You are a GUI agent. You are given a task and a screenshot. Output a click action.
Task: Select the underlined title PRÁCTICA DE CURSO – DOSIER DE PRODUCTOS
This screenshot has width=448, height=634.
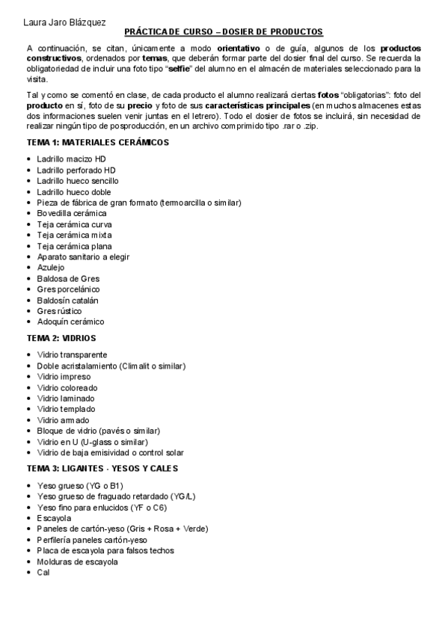tap(224, 31)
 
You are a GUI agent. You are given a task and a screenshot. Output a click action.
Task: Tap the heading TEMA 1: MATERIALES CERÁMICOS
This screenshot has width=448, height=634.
tap(97, 143)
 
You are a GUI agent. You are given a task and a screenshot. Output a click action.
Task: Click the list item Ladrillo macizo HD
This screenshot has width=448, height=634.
tap(72, 159)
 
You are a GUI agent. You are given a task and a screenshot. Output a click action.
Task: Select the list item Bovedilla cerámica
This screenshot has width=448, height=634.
tap(72, 213)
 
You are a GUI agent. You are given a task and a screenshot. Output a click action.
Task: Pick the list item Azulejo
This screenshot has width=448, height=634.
tap(51, 267)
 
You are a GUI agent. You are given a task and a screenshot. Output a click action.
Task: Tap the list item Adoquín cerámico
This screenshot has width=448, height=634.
tap(70, 321)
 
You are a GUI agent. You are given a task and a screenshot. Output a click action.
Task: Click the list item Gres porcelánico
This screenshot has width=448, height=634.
tap(68, 289)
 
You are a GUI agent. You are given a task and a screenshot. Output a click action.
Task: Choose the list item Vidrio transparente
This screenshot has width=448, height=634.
tap(72, 354)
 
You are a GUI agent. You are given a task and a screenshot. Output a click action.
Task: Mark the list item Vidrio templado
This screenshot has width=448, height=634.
tap(66, 409)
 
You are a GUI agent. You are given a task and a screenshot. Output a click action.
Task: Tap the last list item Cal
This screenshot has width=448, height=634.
tap(43, 572)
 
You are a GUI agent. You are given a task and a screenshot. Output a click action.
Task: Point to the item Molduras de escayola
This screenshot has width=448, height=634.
tap(77, 561)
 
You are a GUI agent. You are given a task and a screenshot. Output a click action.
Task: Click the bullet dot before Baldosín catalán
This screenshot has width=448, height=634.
tap(28, 301)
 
